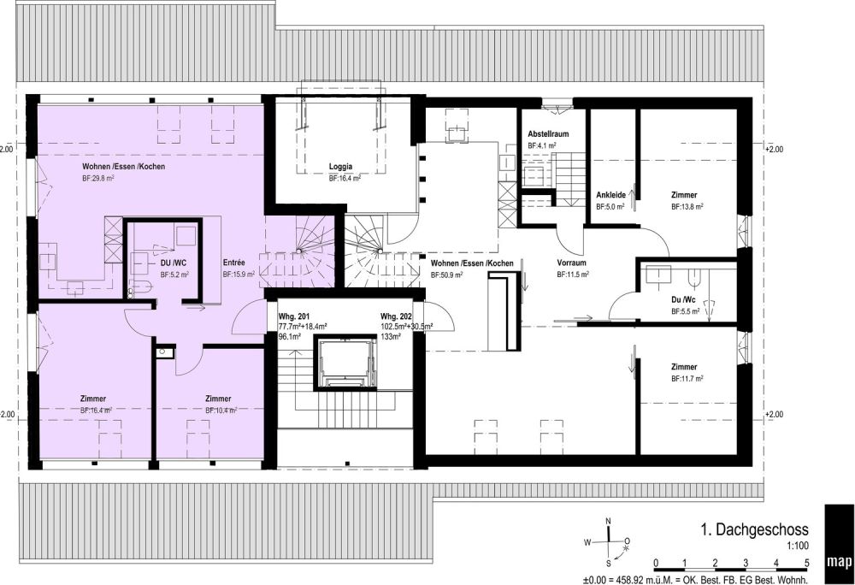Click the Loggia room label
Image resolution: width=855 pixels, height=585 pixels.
pos(340,167)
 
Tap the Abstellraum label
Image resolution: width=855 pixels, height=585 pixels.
pos(548,134)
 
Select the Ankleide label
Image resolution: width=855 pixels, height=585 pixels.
pos(610,195)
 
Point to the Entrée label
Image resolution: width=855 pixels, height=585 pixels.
pos(234,263)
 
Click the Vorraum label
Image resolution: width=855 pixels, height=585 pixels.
pos(571,263)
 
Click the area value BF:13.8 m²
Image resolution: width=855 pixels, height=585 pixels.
pos(687,207)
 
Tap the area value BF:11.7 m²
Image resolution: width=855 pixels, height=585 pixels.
pos(687,378)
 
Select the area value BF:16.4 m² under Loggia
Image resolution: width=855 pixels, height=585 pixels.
pos(345,178)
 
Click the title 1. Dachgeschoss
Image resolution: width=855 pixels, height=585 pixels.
pos(754,529)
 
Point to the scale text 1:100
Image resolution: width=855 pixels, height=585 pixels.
pos(798,546)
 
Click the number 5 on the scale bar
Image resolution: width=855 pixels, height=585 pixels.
pos(807,564)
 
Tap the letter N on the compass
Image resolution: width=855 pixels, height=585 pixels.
pos(609,521)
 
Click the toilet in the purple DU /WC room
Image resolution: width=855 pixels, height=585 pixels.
pos(140,287)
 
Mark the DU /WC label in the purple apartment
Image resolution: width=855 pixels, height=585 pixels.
pos(174,263)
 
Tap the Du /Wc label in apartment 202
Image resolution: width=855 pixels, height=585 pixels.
pos(683,300)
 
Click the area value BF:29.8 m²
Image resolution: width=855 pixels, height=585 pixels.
pos(98,178)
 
